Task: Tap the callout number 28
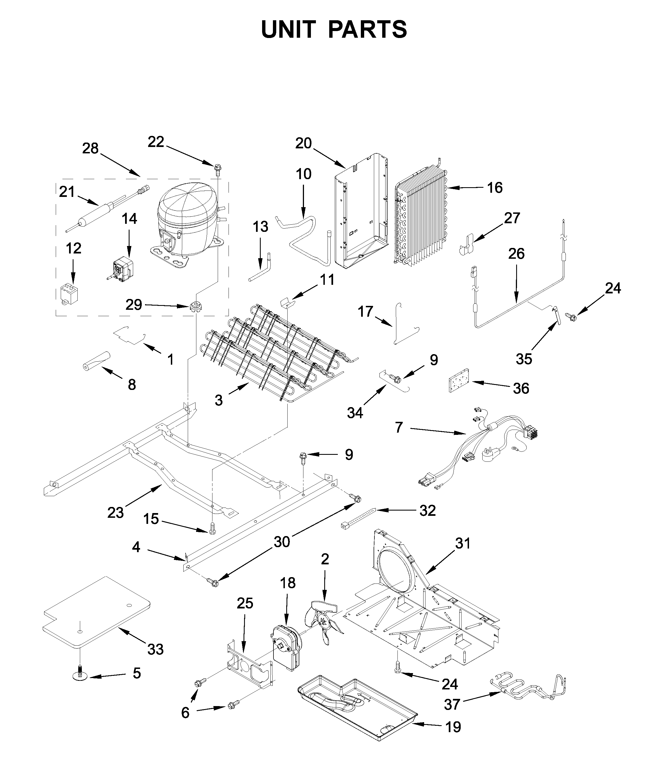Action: [x=90, y=149]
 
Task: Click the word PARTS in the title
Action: [x=367, y=30]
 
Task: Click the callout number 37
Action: [x=452, y=705]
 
